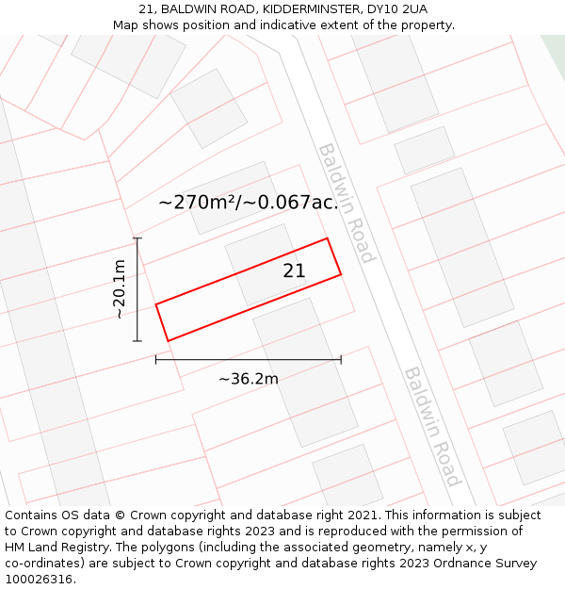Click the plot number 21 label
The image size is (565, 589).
click(294, 270)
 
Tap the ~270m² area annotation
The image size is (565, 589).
click(248, 202)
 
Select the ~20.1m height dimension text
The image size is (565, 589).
click(120, 288)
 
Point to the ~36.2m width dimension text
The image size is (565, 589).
click(249, 379)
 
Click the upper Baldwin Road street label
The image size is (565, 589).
click(347, 203)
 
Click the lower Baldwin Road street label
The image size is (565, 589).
click(433, 426)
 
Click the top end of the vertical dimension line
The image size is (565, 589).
click(137, 238)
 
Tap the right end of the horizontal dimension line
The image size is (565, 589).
click(341, 359)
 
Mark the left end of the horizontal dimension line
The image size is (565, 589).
click(156, 359)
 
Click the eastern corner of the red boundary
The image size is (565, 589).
click(341, 274)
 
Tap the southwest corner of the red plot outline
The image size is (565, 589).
click(168, 340)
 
